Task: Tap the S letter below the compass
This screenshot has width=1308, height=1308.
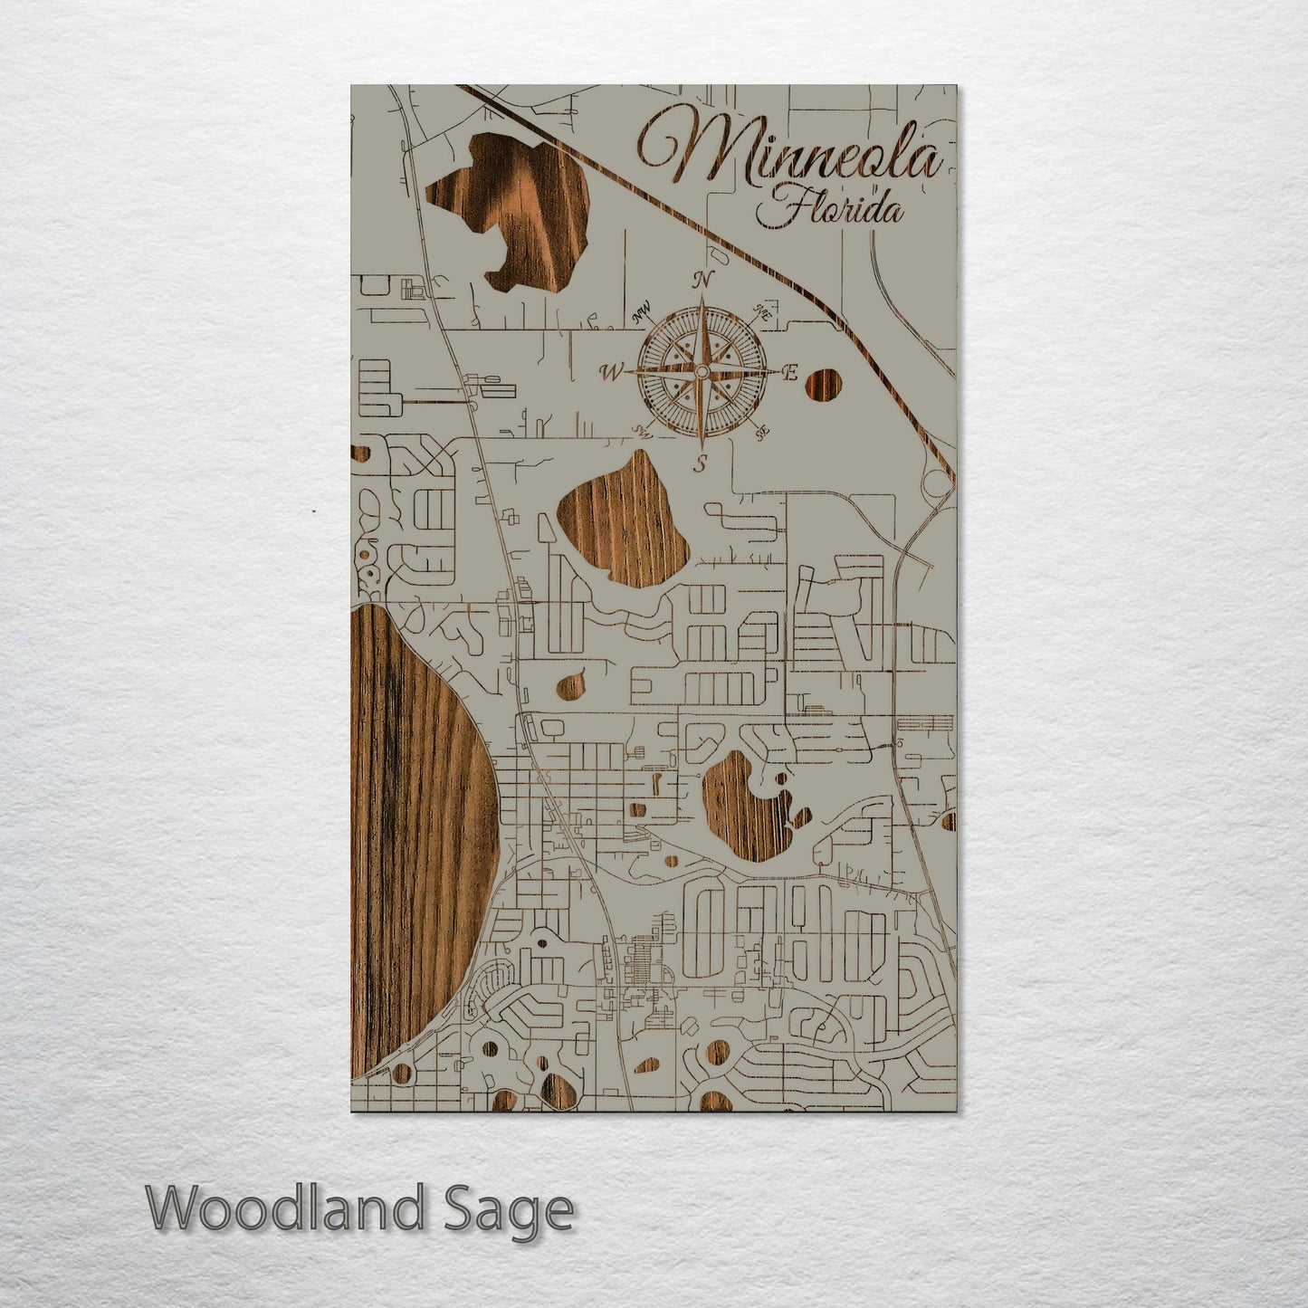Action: point(701,466)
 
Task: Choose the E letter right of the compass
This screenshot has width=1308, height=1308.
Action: point(789,372)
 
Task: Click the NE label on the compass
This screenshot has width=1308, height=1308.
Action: point(760,313)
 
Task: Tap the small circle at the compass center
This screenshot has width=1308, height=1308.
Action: point(702,371)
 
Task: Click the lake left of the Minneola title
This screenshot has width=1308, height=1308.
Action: point(507,208)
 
